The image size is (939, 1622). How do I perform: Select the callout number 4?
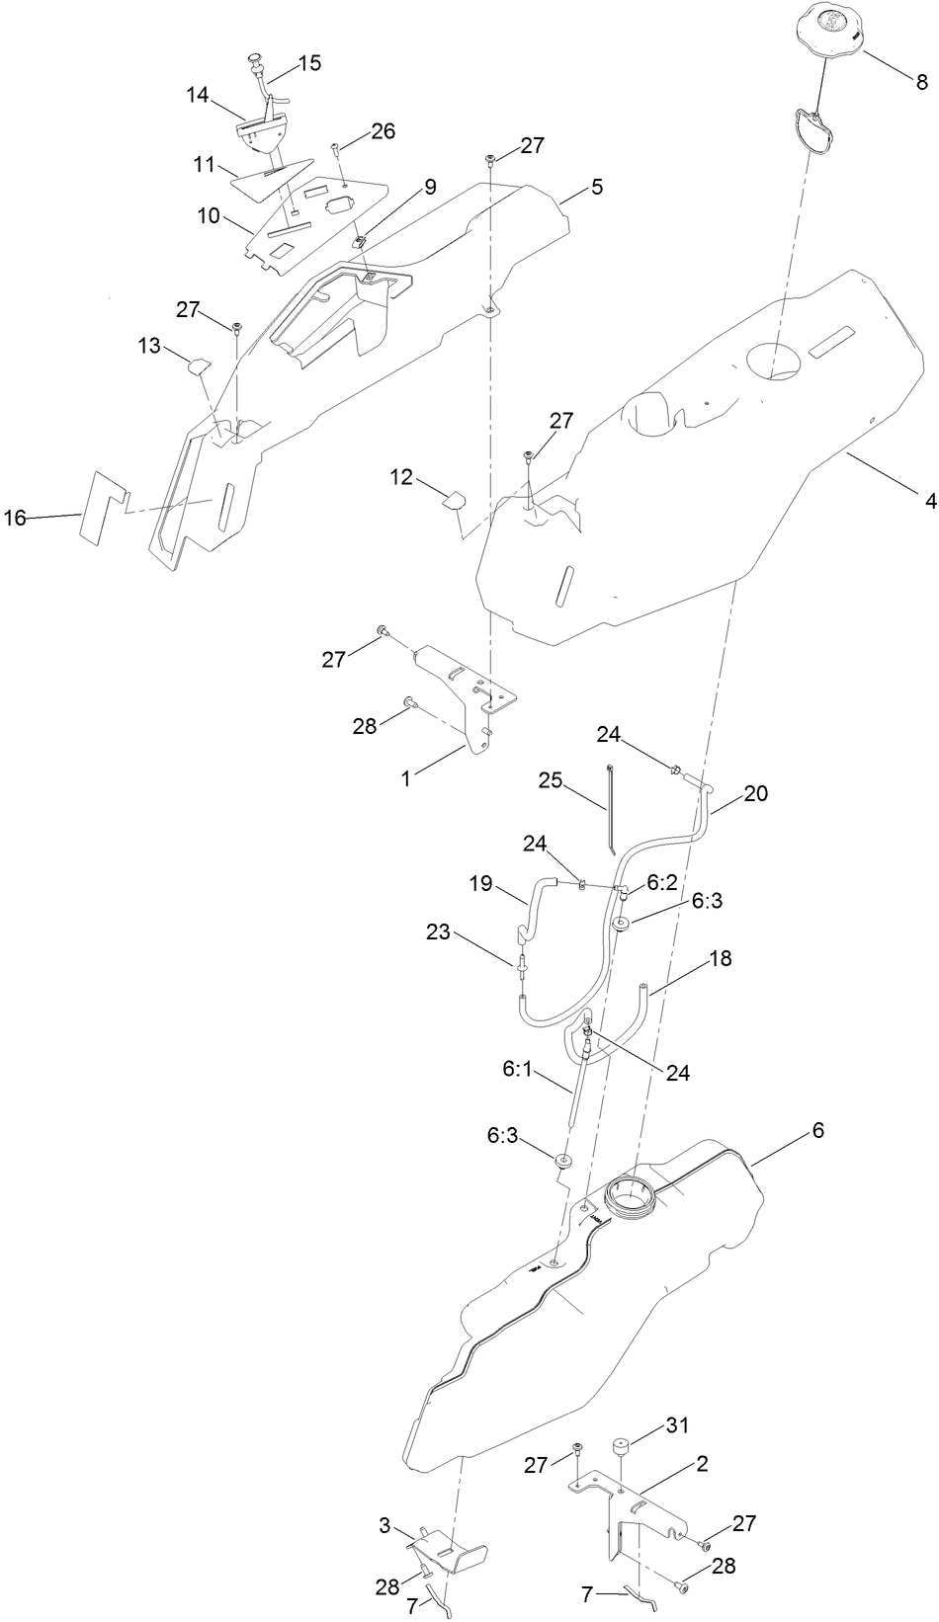pyautogui.click(x=930, y=502)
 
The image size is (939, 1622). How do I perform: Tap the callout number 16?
pyautogui.click(x=15, y=518)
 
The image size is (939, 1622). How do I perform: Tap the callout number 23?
pyautogui.click(x=438, y=931)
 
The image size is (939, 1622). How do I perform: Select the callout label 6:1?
pyautogui.click(x=519, y=1069)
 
